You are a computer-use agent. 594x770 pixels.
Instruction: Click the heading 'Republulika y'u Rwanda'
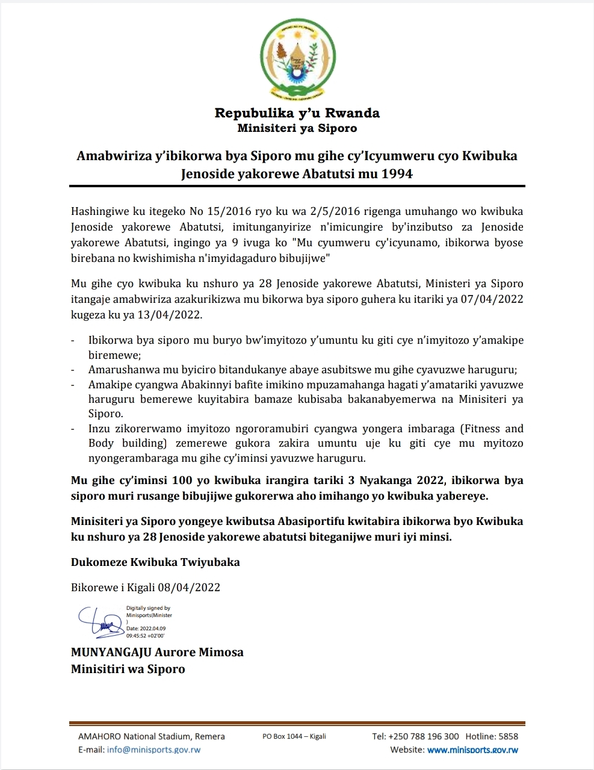click(297, 113)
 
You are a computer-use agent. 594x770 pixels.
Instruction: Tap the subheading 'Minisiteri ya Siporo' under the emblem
click(297, 128)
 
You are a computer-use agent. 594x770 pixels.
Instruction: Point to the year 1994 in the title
click(396, 174)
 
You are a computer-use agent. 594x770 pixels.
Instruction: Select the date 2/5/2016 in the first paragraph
click(333, 211)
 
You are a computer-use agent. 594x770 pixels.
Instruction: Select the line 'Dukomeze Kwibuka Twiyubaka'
click(155, 562)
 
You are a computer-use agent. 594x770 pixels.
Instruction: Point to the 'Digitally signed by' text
click(148, 609)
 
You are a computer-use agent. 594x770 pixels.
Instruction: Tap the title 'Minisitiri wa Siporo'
click(128, 669)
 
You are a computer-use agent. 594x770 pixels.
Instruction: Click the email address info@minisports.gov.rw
click(153, 750)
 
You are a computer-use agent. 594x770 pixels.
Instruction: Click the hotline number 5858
click(509, 736)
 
